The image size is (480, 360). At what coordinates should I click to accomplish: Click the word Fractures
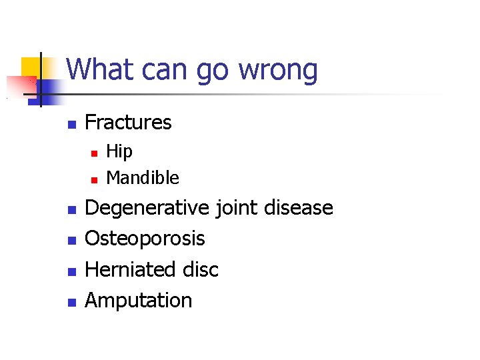click(128, 123)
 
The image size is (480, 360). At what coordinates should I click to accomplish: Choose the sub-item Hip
click(119, 153)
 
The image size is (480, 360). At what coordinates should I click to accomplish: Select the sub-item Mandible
click(143, 178)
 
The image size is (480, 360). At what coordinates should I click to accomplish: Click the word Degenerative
click(147, 209)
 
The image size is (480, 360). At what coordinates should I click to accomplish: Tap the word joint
click(237, 209)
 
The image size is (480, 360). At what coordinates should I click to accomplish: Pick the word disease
click(299, 208)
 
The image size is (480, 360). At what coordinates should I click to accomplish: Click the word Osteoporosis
click(145, 239)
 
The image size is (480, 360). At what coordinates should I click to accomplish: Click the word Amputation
click(139, 301)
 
